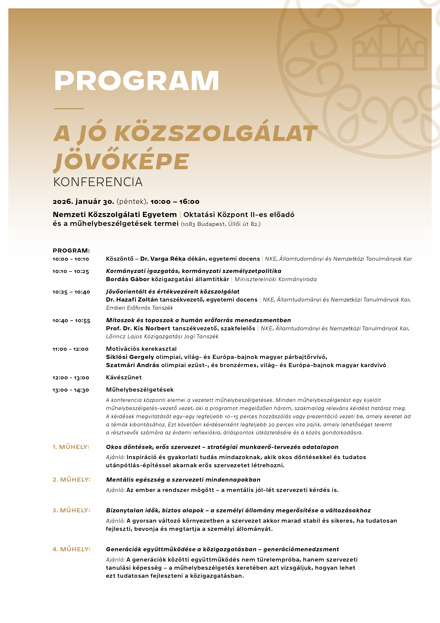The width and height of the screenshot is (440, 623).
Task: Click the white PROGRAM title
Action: click(136, 81)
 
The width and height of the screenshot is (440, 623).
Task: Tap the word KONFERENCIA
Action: click(98, 182)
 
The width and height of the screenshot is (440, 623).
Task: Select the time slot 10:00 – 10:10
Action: click(71, 259)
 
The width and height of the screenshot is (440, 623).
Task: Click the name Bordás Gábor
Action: click(128, 279)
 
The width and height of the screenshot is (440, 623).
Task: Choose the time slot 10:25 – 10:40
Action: click(71, 292)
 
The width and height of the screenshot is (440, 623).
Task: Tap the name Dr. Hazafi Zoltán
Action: click(132, 300)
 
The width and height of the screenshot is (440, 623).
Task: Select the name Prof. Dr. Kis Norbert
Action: click(138, 328)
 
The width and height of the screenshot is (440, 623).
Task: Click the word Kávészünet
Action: click(124, 377)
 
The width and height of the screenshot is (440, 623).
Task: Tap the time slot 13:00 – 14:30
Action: click(71, 390)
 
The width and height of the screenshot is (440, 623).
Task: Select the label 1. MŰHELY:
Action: click(71, 447)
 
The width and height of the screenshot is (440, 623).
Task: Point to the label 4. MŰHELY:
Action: click(71, 549)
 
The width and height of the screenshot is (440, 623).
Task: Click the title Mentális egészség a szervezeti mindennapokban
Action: click(183, 480)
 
